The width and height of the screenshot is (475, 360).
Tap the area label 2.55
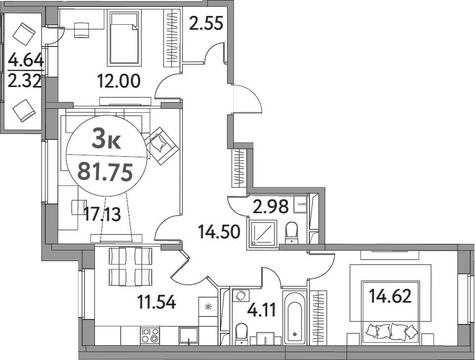(206, 23)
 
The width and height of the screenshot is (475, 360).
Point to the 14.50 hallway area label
(219, 231)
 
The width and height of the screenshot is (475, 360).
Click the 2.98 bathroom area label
(270, 207)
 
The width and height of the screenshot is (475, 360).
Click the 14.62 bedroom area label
(390, 297)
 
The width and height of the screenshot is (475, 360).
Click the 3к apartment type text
(106, 141)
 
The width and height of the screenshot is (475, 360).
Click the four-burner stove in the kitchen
(150, 335)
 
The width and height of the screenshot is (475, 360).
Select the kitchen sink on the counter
(189, 335)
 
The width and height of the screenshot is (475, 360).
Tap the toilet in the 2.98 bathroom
(292, 232)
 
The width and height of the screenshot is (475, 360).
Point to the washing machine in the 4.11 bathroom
(241, 296)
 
